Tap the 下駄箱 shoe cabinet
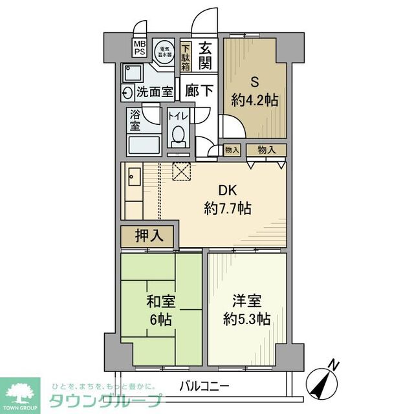point(186,56)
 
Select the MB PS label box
point(140,49)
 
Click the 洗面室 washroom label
point(154,91)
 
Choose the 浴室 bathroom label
point(135,120)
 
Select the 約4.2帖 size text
point(256,100)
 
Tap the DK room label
point(226,191)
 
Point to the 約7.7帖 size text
point(227,209)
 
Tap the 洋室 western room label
point(246,301)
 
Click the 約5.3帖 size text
point(246,320)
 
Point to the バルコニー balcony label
point(204,386)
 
